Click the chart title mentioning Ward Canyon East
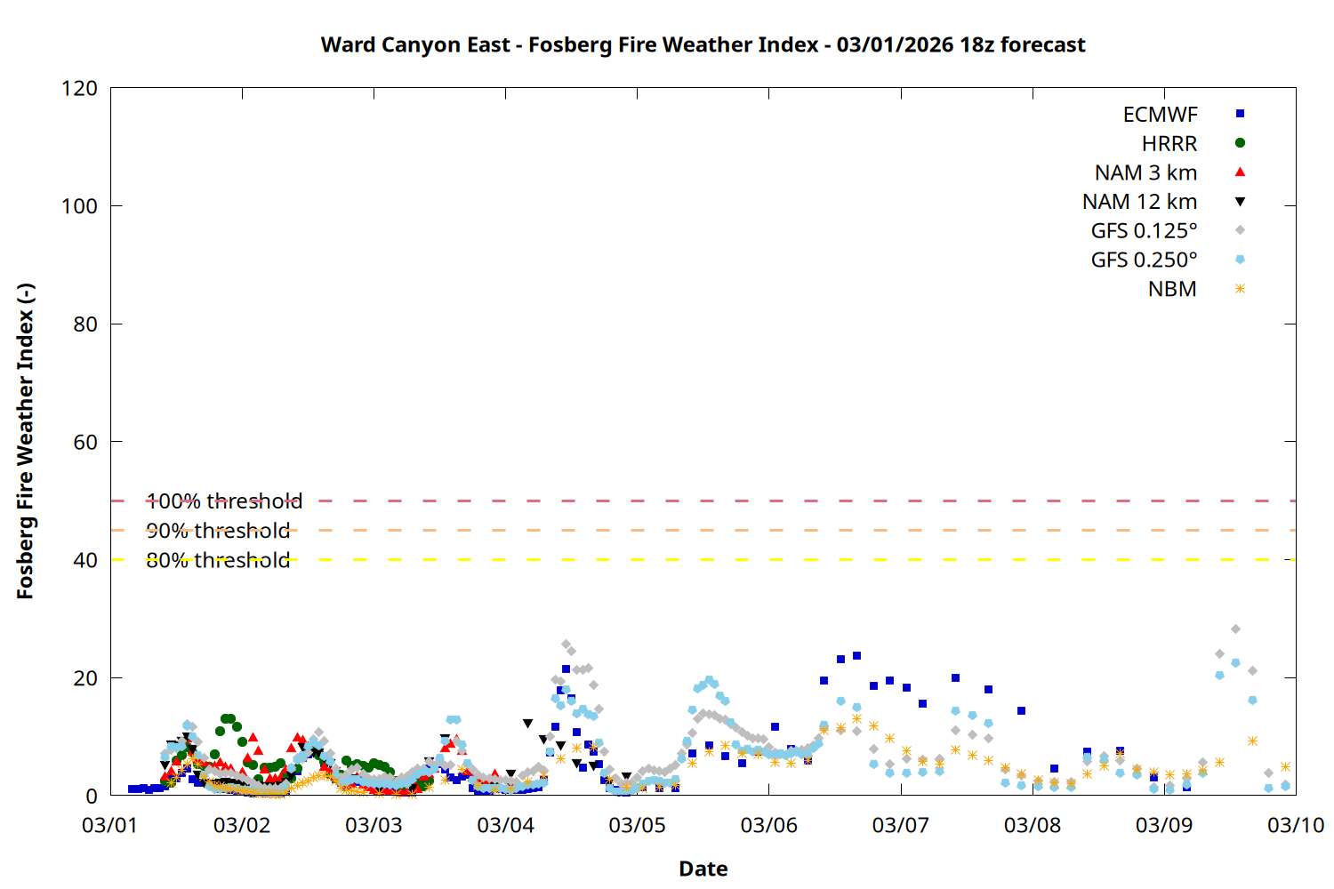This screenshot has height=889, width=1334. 703,44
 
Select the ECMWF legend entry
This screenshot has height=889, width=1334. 1160,115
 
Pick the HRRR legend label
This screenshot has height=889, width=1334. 1169,144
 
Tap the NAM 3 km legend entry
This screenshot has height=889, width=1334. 1145,172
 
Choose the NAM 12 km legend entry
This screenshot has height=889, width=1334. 1139,202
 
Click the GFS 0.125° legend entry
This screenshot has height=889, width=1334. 1144,231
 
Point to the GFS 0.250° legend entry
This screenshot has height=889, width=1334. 1144,260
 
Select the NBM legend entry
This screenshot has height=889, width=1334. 1172,289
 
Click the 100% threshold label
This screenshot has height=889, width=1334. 224,501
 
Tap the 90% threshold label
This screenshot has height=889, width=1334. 218,531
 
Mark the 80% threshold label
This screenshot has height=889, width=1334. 218,560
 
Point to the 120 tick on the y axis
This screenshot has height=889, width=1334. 79,88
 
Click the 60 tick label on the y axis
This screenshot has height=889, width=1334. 85,442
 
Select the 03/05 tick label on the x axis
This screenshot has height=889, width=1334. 637,825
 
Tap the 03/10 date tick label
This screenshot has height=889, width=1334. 1295,825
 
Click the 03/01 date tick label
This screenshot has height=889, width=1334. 110,825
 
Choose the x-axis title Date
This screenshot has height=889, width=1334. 703,869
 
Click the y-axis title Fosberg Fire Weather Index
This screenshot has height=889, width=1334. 25,442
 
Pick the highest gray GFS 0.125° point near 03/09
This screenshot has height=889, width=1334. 1235,629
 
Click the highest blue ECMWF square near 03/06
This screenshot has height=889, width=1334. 856,656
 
